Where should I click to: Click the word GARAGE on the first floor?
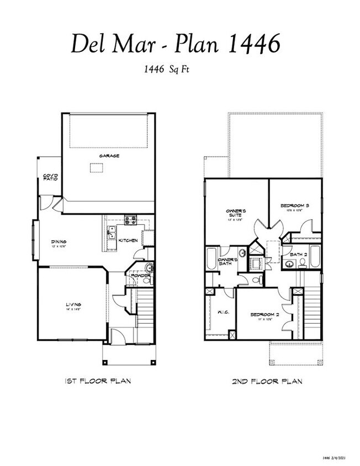pyautogui.click(x=109, y=156)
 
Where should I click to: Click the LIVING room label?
pyautogui.click(x=74, y=305)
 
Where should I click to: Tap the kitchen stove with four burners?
pyautogui.click(x=130, y=219)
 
